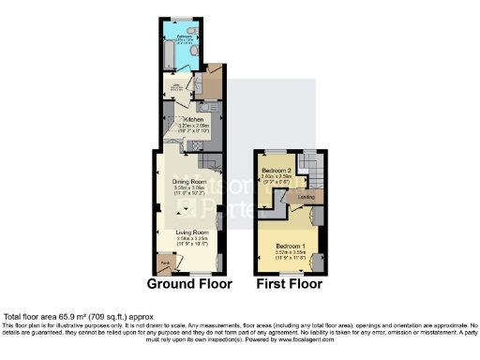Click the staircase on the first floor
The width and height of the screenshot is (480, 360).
(311, 170)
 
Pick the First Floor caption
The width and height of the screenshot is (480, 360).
(290, 283)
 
